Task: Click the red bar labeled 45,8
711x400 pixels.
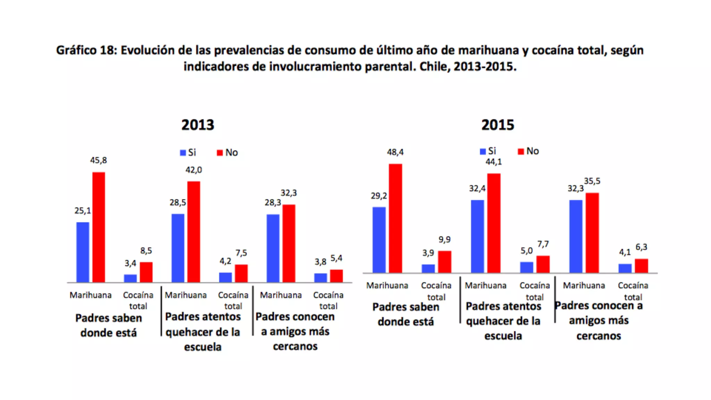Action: (99, 227)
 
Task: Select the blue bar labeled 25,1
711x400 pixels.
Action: (83, 252)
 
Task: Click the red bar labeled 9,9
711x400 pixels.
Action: (444, 261)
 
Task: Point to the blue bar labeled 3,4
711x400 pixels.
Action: (130, 278)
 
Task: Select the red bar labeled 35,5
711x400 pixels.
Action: (592, 233)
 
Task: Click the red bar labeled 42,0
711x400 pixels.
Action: (194, 232)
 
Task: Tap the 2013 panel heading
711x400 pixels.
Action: (198, 125)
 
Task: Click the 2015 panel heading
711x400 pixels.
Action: (497, 125)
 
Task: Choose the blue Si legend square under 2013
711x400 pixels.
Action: (183, 153)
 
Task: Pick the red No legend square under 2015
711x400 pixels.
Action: (521, 151)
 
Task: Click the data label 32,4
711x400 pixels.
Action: (477, 189)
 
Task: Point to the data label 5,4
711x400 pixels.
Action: (336, 258)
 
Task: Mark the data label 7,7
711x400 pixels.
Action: (543, 244)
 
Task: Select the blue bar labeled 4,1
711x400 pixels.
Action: (625, 268)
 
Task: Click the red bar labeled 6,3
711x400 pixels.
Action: (641, 266)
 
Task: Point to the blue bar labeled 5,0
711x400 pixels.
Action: (527, 267)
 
